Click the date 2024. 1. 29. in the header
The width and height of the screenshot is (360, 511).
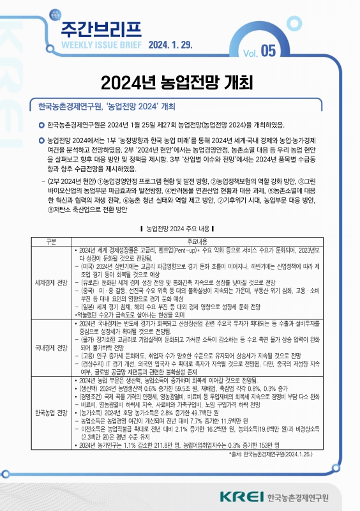[x=173, y=46]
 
